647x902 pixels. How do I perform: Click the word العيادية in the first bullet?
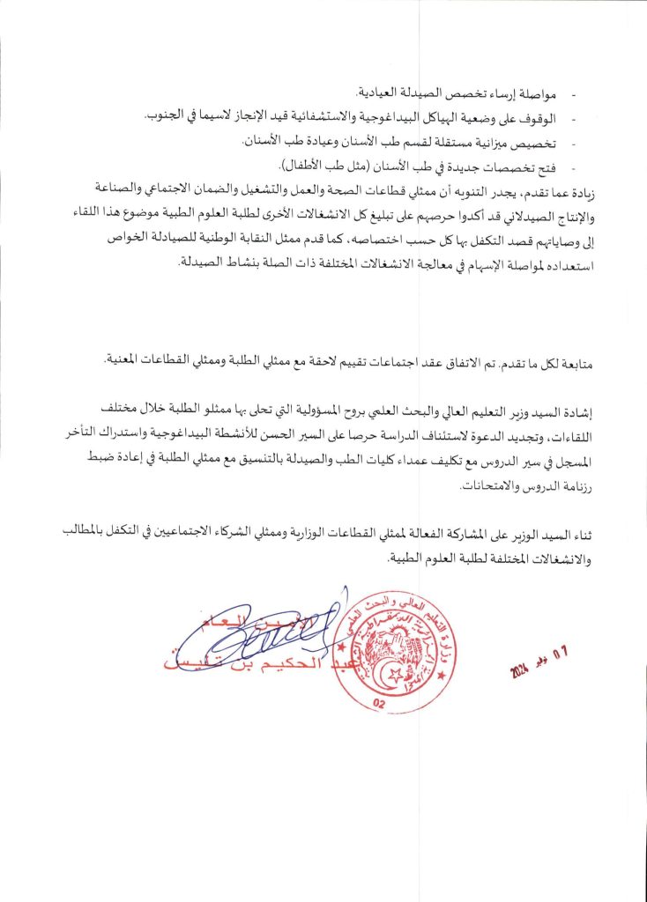tap(380, 93)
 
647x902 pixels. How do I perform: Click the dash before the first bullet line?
tap(576, 93)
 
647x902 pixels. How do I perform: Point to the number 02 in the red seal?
tap(381, 702)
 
